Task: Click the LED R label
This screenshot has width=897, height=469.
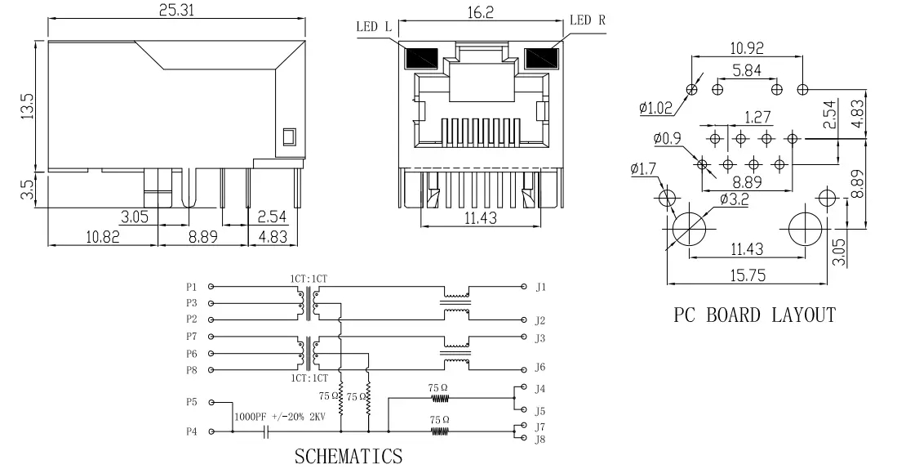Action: click(587, 20)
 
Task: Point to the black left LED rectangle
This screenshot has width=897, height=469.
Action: click(421, 58)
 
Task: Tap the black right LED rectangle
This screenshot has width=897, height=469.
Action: click(540, 58)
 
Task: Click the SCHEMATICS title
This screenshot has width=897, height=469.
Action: click(348, 455)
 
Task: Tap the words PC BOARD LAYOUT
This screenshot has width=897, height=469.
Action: click(754, 315)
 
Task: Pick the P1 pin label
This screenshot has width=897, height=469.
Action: click(191, 287)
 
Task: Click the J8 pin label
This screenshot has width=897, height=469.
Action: click(540, 439)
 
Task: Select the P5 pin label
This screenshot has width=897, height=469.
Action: click(191, 402)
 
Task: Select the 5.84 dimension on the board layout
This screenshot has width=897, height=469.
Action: click(747, 71)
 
